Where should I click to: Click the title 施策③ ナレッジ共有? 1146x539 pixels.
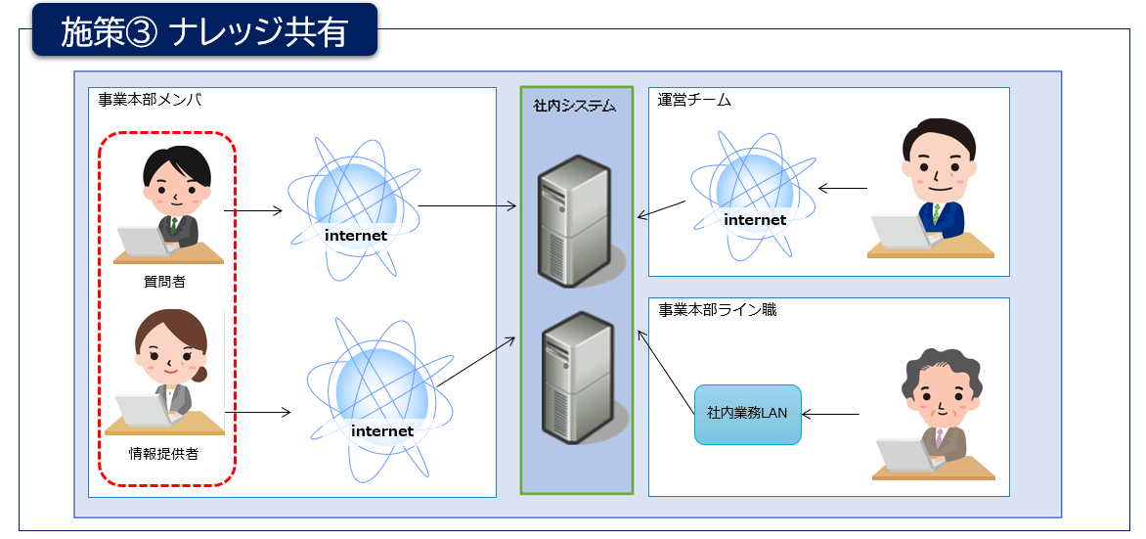click(203, 32)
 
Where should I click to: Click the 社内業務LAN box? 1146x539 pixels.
click(747, 414)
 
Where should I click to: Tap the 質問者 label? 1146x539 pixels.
click(163, 282)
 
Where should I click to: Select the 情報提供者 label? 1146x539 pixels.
click(163, 453)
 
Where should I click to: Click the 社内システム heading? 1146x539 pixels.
click(574, 105)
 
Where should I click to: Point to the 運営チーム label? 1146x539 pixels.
click(695, 100)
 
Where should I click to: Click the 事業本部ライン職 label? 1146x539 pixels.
click(718, 310)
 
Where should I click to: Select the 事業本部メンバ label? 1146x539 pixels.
click(150, 100)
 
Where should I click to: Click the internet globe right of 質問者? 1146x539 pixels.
click(354, 208)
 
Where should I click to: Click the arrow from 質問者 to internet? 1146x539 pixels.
click(252, 210)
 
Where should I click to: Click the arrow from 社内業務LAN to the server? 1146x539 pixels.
click(668, 371)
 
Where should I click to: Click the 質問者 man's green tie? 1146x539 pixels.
click(174, 226)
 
